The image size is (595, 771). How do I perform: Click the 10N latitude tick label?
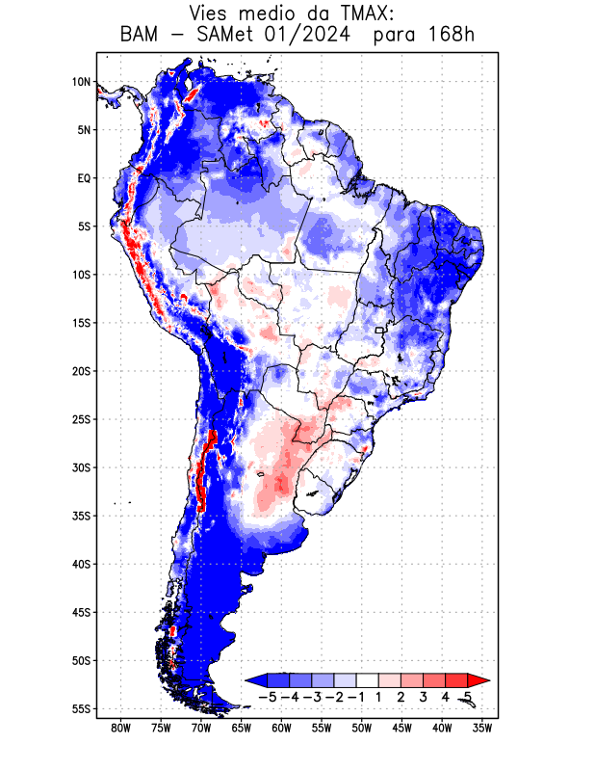(81, 82)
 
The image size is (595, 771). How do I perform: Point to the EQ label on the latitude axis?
(84, 178)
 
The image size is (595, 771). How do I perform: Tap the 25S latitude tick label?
(81, 419)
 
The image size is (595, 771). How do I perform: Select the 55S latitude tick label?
(81, 708)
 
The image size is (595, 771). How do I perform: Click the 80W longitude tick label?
(121, 729)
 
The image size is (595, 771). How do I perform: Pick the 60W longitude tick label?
(282, 729)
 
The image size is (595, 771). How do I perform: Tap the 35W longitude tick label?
(482, 729)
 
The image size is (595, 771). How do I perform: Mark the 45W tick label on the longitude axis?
(402, 729)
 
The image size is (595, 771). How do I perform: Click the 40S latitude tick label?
(81, 564)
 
